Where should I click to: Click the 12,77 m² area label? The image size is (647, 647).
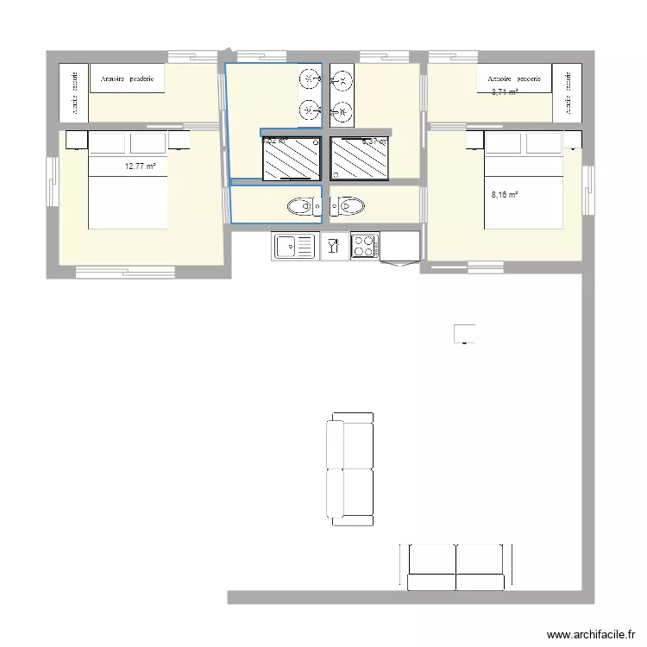[139, 166]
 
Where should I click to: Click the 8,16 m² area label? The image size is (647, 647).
[505, 195]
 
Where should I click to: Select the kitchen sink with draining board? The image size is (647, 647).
[295, 247]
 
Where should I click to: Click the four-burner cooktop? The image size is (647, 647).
[365, 246]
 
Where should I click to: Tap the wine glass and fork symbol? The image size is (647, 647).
[334, 247]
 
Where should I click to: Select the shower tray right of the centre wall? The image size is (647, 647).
[361, 159]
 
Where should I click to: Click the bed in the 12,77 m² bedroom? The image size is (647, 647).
[128, 180]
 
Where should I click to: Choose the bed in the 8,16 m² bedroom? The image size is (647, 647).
[523, 180]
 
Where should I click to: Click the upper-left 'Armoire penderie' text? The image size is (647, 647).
[128, 79]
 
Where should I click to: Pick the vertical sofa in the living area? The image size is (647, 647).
[349, 468]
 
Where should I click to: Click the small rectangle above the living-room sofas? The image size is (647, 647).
[464, 333]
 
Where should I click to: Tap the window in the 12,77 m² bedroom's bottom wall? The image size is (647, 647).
[113, 273]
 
